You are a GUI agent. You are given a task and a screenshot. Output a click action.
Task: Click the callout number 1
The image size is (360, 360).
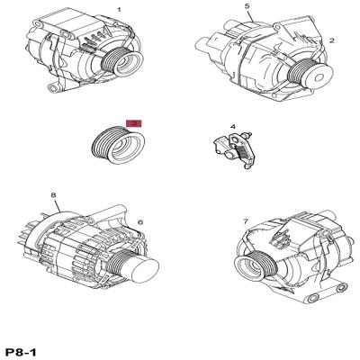coord(119,10)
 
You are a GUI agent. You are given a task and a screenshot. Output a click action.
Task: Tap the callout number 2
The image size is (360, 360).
coord(331,40)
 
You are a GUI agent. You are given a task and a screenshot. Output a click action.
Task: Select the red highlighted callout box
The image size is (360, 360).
coord(133,123)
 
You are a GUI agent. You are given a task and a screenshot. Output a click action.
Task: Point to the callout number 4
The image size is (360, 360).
coord(233,127)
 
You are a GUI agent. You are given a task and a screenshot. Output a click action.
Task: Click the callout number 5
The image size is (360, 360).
coord(247,6)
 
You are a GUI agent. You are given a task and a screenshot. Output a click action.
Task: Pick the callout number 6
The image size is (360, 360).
coord(140,222)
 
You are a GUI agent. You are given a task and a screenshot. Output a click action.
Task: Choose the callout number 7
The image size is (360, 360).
coord(246,221)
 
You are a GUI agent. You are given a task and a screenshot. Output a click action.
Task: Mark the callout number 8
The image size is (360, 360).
coord(53,195)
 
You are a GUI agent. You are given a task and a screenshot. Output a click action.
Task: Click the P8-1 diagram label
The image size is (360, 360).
coord(22,352)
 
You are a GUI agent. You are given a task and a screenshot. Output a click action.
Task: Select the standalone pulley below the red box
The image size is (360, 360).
coord(118,145)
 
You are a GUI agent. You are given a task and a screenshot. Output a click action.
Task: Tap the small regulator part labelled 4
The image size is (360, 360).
coord(235,150)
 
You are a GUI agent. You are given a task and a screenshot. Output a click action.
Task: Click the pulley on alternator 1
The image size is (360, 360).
coord(121,63)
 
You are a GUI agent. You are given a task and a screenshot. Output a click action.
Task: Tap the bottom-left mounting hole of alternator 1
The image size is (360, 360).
coord(53,88)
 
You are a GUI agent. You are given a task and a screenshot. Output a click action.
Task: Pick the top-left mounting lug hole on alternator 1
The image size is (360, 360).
coord(38,23)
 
